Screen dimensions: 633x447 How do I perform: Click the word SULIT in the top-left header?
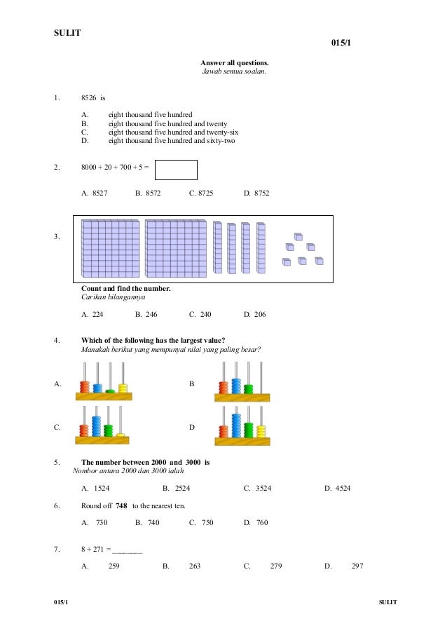click(x=67, y=33)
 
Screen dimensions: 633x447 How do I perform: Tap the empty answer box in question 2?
click(x=176, y=170)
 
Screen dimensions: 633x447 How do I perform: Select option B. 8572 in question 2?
click(x=148, y=193)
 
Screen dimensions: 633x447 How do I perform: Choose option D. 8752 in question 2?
click(x=256, y=193)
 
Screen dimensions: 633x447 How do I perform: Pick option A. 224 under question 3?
click(x=94, y=315)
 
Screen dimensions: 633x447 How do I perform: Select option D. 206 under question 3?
click(x=255, y=315)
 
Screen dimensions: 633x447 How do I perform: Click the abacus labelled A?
click(x=104, y=382)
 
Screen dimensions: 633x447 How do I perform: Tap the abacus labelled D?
click(x=242, y=426)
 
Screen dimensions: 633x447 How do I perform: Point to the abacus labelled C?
click(x=104, y=426)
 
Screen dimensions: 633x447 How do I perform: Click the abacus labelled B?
click(x=242, y=382)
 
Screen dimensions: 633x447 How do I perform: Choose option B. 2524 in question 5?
click(x=177, y=488)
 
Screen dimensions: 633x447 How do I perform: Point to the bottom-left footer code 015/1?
click(x=63, y=602)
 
